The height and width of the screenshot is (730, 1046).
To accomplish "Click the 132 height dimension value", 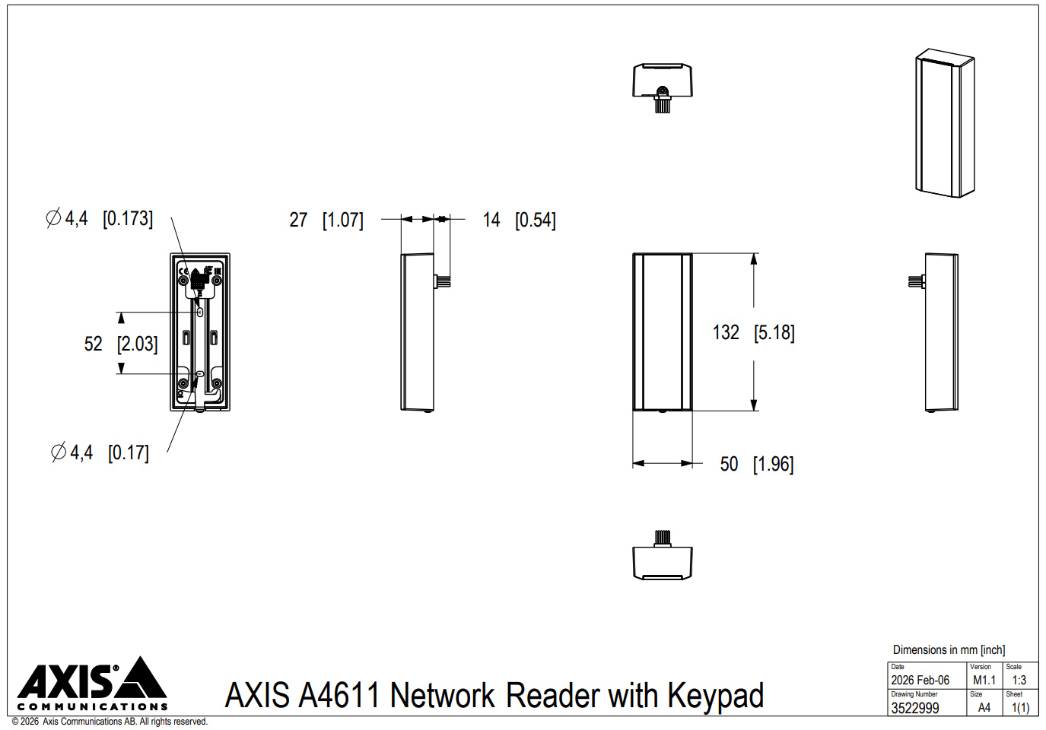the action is [726, 332].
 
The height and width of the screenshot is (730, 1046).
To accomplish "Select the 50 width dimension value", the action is [729, 464].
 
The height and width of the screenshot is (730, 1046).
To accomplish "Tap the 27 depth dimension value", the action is [298, 220].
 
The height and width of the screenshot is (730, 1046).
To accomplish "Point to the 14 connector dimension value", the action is [491, 220].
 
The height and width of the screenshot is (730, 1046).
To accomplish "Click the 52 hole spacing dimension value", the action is [93, 344].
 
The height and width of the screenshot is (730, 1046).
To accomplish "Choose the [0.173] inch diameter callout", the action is [128, 218].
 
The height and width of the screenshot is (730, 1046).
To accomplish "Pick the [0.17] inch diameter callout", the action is [129, 452].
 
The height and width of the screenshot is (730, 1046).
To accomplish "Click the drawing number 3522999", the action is [915, 708].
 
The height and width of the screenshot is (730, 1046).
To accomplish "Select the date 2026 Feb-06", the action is [920, 680].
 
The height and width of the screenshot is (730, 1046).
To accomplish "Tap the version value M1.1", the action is [984, 680].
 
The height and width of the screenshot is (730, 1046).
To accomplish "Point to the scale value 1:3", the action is [1019, 680].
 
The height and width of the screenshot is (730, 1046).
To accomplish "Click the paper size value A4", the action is [984, 708].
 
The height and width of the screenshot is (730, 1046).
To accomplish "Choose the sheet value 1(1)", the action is [1020, 708].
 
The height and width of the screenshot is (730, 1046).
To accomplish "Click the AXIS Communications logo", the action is [92, 684].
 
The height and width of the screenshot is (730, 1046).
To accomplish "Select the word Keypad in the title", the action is [715, 696].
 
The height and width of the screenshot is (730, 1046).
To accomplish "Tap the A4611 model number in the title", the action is [339, 695].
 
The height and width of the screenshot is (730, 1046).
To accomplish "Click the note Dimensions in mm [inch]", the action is [949, 649].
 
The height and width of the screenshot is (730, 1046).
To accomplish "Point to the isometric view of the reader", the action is [945, 122].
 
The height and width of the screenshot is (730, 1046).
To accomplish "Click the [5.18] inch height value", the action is [774, 333].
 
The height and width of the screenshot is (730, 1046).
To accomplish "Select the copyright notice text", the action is [110, 722].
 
